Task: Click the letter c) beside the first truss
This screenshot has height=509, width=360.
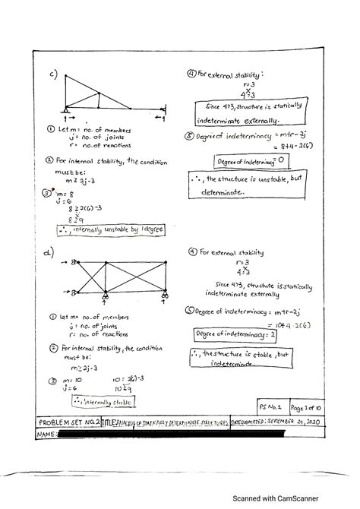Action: tap(54, 74)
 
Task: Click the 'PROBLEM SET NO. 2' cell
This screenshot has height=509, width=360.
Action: tap(68, 420)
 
